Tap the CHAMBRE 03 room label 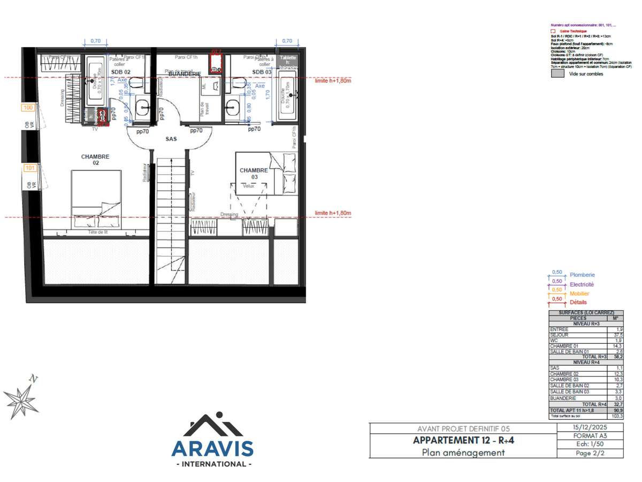[x=254, y=174]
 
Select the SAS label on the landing [x=171, y=139]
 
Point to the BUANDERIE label [x=185, y=73]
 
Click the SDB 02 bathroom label [x=120, y=72]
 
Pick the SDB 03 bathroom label [x=262, y=72]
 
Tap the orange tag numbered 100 [x=29, y=108]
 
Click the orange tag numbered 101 [x=30, y=168]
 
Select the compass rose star [x=20, y=399]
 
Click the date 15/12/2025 [x=590, y=427]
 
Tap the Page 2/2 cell [x=590, y=453]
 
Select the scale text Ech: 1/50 [x=590, y=445]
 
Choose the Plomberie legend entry [x=582, y=275]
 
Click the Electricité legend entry [x=582, y=284]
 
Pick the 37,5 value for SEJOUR [x=618, y=335]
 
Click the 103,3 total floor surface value [x=617, y=416]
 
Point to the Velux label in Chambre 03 [x=248, y=186]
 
